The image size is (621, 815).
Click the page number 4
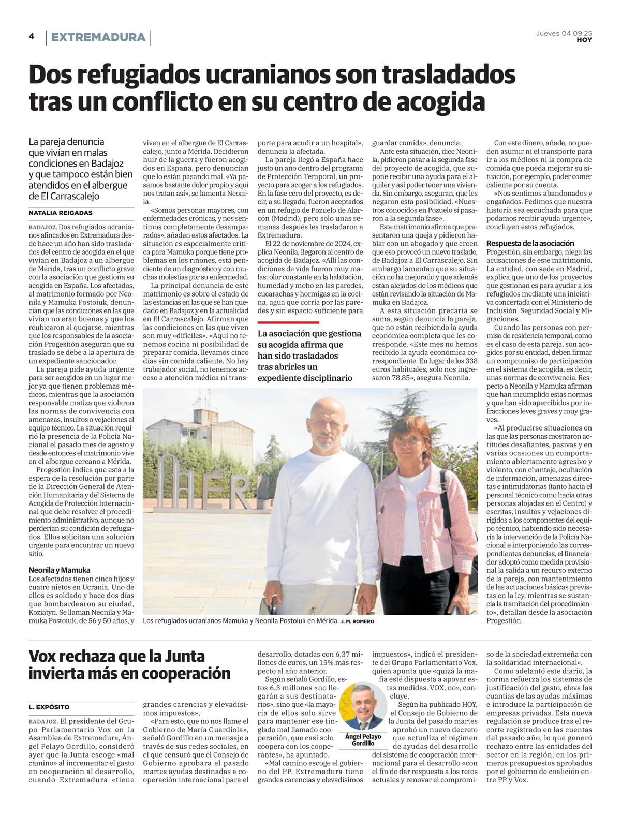tap(32, 36)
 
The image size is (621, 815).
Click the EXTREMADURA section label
tap(98, 37)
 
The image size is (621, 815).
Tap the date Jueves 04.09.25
tap(564, 33)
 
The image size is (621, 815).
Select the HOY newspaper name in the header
tap(584, 40)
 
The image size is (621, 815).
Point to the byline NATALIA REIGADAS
tap(61, 213)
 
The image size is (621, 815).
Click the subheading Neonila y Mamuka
tap(60, 570)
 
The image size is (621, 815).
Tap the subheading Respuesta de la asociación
tap(530, 243)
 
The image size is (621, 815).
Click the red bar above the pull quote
tap(288, 322)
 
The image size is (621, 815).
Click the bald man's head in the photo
tap(327, 422)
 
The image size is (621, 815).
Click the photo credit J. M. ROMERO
tap(357, 621)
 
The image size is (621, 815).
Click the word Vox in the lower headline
tap(46, 657)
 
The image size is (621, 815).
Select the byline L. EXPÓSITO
tap(49, 707)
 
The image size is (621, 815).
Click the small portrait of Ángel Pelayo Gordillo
tap(363, 707)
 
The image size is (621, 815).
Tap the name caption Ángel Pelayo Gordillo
tap(363, 739)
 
